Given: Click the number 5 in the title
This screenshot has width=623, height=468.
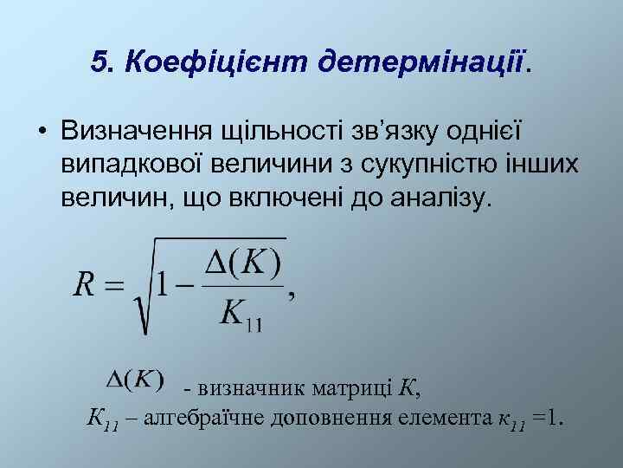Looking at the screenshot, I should point(98,61).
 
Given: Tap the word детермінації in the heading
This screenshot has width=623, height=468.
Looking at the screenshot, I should point(421,61).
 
